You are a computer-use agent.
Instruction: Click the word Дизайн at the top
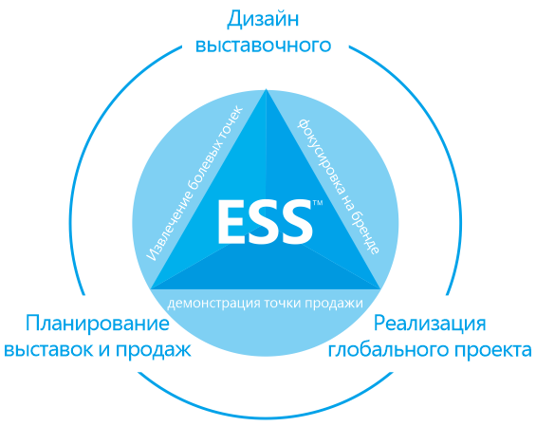263,20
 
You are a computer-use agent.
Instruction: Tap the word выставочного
263,46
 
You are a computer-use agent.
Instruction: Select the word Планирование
98,324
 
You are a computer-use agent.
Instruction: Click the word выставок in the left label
49,350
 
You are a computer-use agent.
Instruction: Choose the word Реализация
430,324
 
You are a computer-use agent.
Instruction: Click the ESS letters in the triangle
265,222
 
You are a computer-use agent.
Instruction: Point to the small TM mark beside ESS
318,203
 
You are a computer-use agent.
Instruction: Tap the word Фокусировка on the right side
321,157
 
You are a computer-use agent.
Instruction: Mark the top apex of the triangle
267,89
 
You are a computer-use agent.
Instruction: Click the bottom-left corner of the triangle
151,288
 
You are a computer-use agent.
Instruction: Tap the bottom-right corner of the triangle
380,289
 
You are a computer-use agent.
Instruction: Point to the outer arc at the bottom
265,417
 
